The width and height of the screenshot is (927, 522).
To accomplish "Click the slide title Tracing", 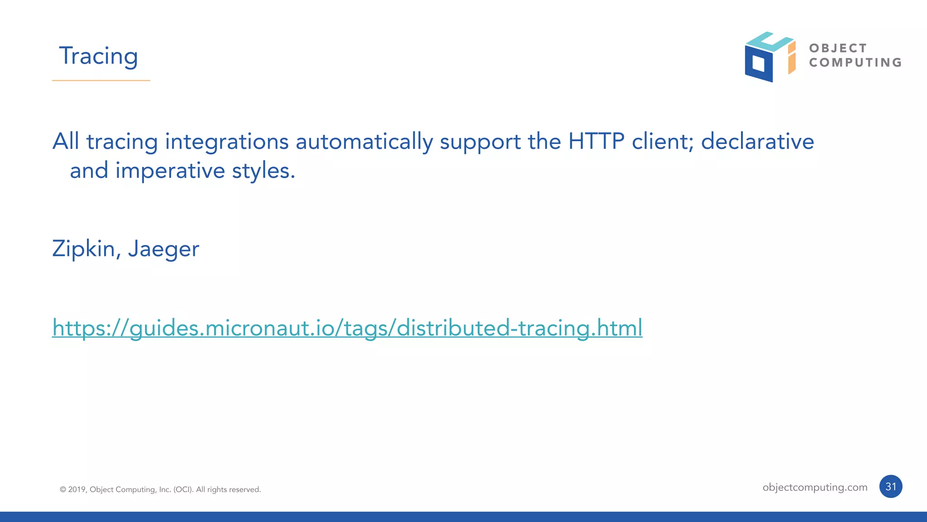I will click(98, 56).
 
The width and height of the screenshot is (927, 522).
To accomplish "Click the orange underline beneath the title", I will click(101, 81).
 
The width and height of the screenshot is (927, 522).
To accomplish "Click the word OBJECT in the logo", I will click(838, 48).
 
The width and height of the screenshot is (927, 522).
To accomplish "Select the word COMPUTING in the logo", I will click(855, 62).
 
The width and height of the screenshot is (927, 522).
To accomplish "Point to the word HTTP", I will click(596, 141).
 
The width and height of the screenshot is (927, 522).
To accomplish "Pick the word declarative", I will click(757, 141).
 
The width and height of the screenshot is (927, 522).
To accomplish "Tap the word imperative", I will click(170, 171).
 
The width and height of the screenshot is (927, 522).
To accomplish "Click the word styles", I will click(263, 171).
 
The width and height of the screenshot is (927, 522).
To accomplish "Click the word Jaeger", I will click(163, 249).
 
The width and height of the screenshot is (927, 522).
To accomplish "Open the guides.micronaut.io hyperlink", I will click(347, 328).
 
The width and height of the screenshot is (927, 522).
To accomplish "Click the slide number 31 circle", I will click(891, 487).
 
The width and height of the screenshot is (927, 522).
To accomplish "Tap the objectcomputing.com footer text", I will click(815, 487).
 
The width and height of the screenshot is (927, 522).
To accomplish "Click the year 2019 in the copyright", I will click(76, 489).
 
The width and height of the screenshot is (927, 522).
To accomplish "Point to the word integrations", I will click(227, 142).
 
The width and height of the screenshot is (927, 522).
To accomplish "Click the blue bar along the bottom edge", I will click(463, 517).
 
